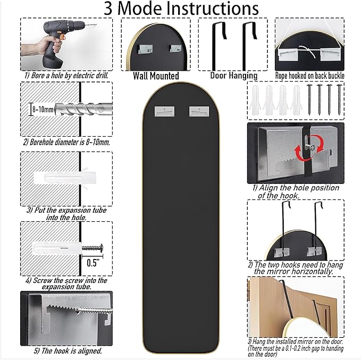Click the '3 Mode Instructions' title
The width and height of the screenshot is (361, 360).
181,9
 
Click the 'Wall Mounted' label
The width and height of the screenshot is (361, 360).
156,76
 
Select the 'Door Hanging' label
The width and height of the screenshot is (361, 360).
233,76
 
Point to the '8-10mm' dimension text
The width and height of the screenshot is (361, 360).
43,109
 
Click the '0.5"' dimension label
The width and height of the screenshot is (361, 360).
93,263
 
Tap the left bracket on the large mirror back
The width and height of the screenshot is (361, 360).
164,112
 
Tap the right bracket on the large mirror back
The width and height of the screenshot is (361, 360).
199,112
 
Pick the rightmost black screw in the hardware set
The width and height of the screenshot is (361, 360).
339,99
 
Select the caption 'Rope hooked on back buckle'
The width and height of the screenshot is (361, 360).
309,76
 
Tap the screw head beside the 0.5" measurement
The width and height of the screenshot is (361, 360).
101,248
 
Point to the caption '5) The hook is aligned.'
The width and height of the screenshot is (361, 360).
68,351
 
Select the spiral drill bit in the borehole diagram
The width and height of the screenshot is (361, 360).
83,108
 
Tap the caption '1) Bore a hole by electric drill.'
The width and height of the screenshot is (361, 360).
66,76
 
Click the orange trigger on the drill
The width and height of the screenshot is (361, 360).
61,36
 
